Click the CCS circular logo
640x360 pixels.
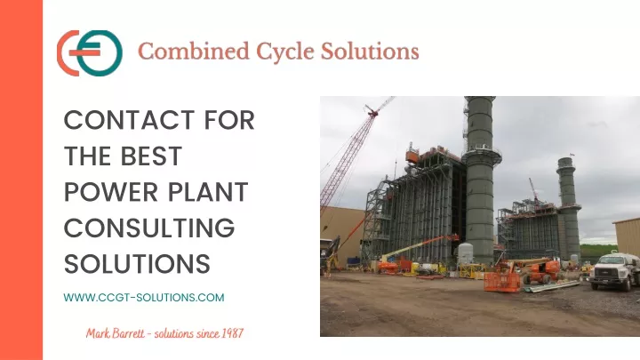coord(90,53)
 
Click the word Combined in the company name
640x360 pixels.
coord(194,52)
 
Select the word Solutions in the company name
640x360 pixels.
coord(370,52)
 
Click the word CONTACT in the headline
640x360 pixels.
coord(129,120)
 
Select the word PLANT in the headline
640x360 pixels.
coord(208,192)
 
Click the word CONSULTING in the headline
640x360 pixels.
coord(149,228)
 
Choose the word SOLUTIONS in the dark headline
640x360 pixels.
coord(137,264)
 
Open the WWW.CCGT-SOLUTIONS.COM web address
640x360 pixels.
coord(144,297)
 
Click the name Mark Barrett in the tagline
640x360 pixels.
coord(115,333)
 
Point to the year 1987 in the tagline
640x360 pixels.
coord(232,333)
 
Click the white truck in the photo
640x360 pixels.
coord(614,270)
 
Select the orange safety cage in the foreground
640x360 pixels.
coord(502,281)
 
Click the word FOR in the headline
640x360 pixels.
coord(229,120)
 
